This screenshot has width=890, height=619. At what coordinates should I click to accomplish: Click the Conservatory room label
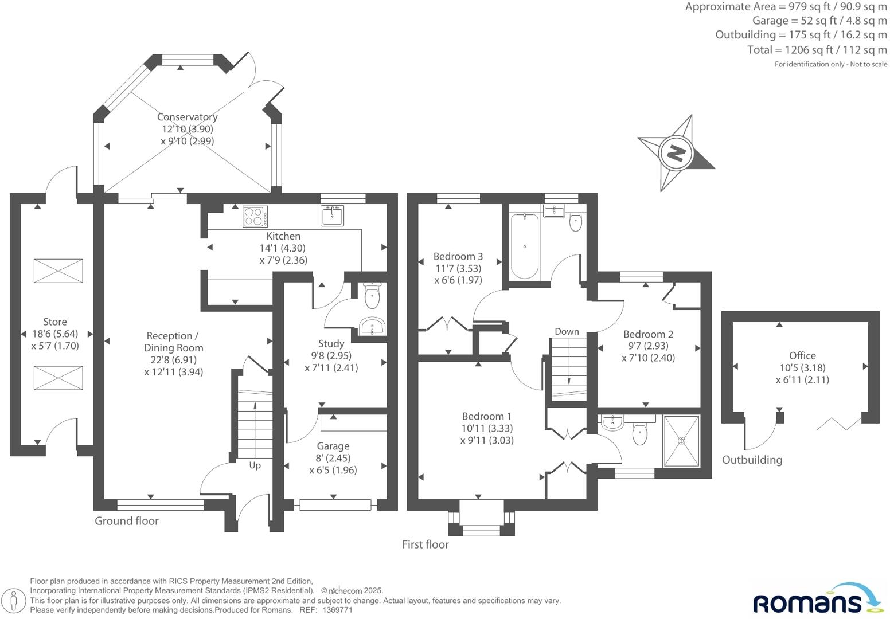tap(187, 117)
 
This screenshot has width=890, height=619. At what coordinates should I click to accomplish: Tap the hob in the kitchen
tap(255, 217)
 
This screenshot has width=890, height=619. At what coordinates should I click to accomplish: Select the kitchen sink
tap(332, 216)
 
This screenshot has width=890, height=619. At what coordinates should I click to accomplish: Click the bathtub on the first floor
tap(525, 246)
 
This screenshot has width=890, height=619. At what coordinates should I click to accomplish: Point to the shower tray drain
tap(681, 441)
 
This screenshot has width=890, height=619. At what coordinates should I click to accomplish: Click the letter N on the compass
tap(676, 152)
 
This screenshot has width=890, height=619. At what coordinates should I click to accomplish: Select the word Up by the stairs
tap(255, 465)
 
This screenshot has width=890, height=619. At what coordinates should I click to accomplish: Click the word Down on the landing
tap(567, 331)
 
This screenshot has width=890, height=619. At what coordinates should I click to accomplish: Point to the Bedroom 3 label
tap(458, 256)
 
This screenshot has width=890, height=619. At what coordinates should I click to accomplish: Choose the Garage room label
tap(333, 446)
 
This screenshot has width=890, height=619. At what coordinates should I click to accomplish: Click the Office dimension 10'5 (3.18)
tap(803, 367)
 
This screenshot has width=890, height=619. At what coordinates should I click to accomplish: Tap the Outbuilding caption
tap(752, 460)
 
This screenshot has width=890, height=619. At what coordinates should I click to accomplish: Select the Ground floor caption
tap(126, 520)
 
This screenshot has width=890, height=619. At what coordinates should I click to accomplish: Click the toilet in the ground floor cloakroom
tap(372, 296)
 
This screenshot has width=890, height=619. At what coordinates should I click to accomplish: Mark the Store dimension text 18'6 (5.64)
tap(55, 334)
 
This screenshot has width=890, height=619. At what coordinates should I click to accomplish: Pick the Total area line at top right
tap(817, 50)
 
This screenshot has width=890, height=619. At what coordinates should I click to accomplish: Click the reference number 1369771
tap(337, 610)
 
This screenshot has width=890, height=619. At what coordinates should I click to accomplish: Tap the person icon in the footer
tap(14, 600)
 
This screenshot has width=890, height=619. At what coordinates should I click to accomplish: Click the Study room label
tap(331, 343)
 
